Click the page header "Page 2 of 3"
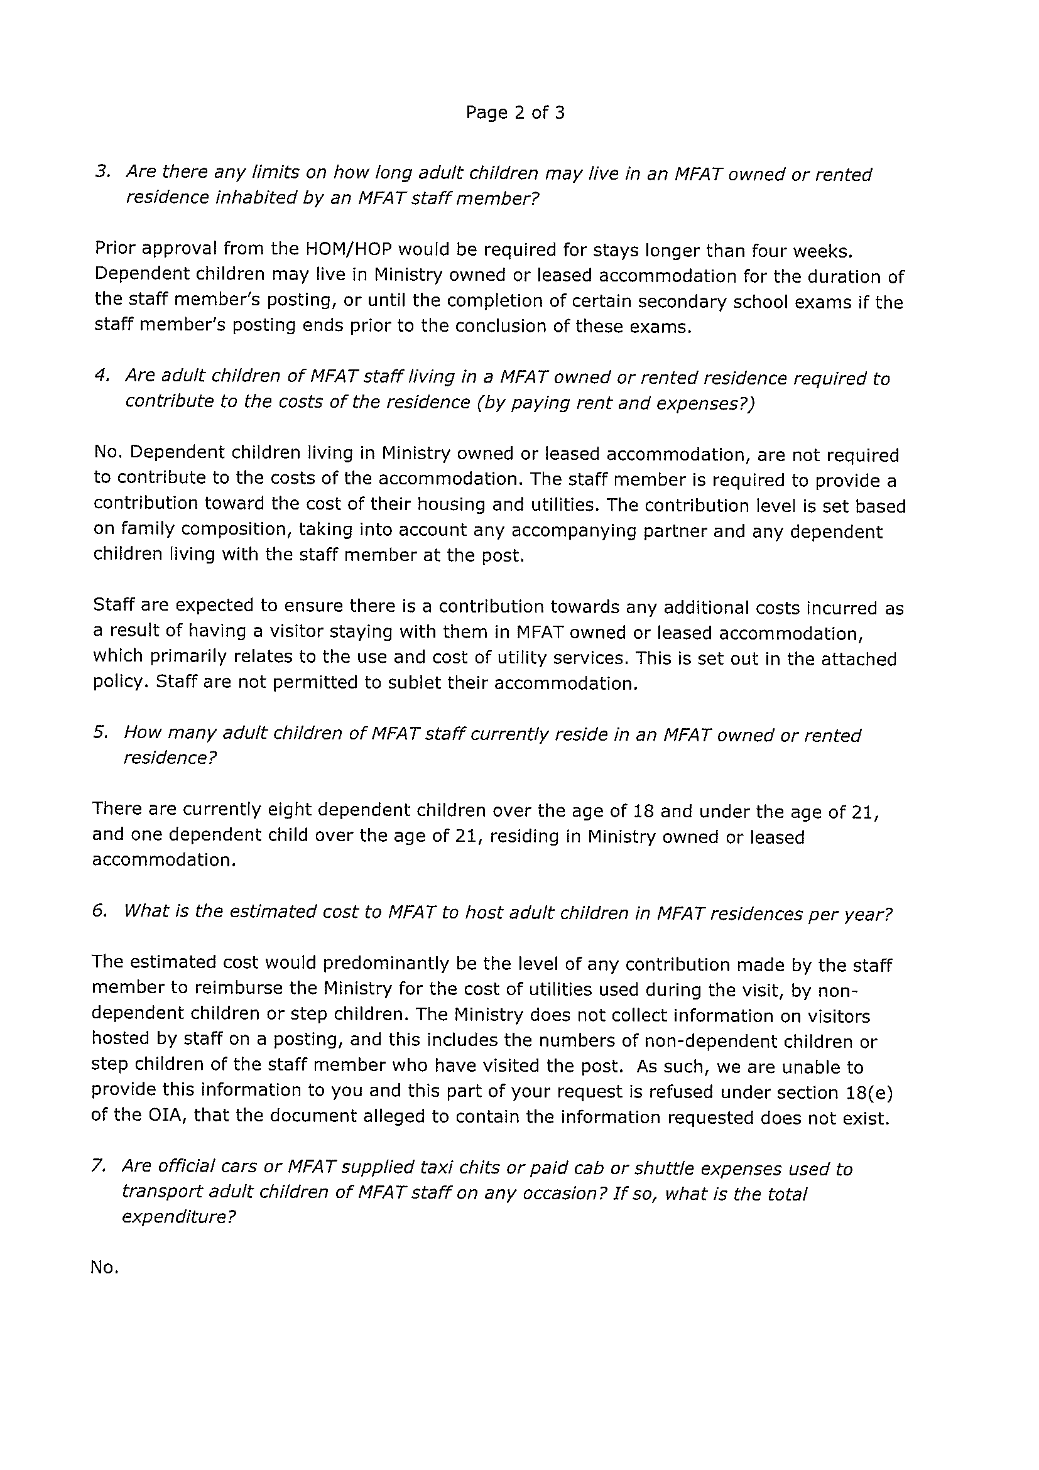[514, 113]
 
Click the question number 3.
[102, 172]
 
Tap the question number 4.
[101, 376]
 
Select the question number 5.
[99, 732]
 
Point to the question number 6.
[99, 911]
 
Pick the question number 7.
[97, 1166]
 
